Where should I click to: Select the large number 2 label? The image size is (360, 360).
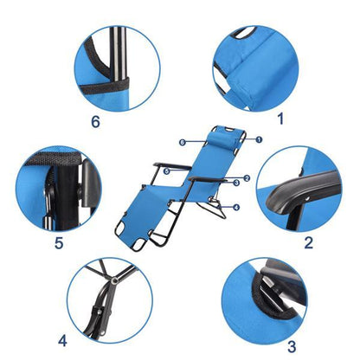307,241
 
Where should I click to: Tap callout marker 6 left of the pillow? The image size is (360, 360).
183,140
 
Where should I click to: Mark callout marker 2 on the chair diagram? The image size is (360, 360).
247,178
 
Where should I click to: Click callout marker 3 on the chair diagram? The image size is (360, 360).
236,183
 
